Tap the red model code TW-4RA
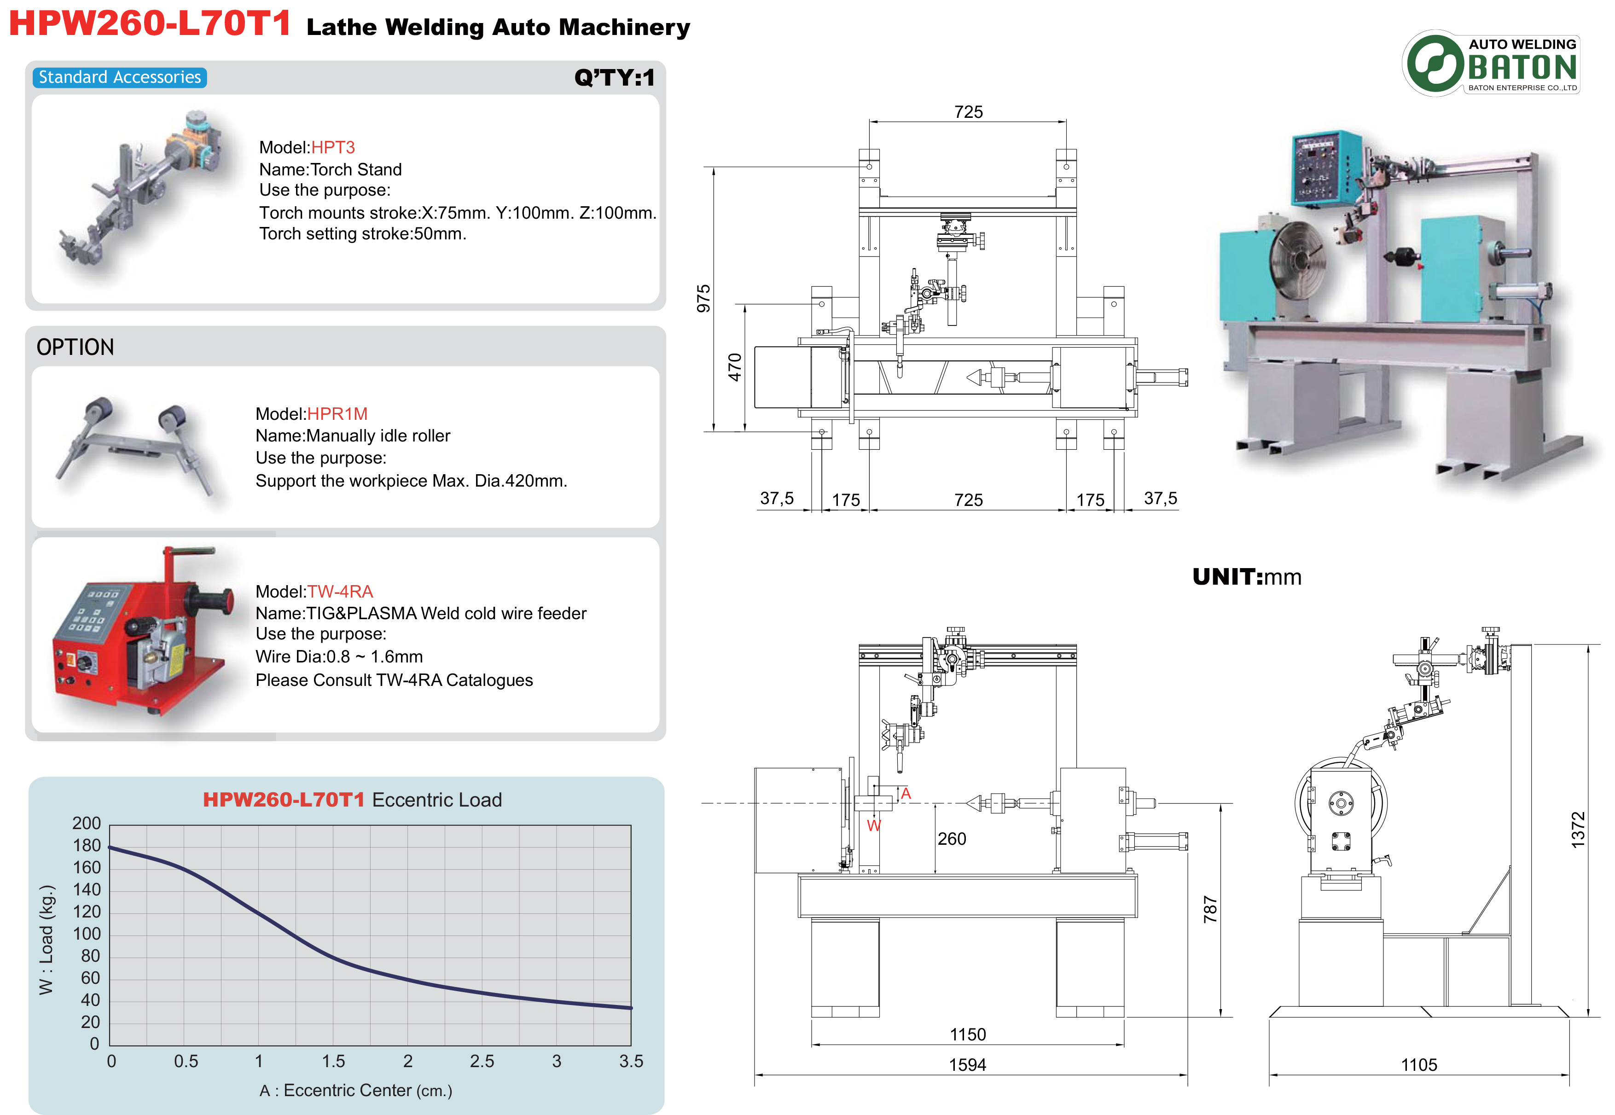pos(340,591)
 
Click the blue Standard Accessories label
pos(119,77)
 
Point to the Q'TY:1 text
pos(614,77)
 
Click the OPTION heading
pos(75,347)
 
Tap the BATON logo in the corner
pos(1491,64)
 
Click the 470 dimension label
pos(735,367)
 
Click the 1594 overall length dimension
pos(967,1065)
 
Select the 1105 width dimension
pos(1419,1065)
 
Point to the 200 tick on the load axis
pos(87,823)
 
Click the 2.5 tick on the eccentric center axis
pos(482,1061)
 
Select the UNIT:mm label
pos(1246,577)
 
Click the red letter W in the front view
pos(873,826)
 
